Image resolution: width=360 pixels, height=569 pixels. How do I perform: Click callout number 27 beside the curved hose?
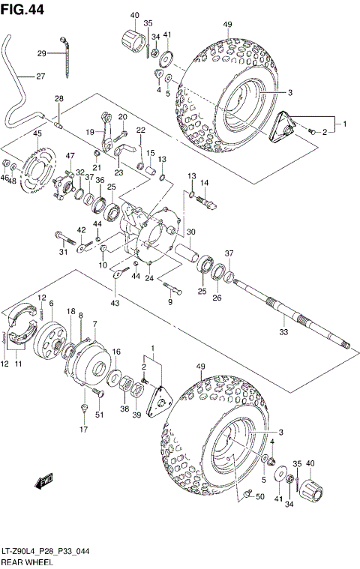click(40, 76)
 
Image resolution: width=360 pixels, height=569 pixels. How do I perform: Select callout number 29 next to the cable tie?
click(42, 52)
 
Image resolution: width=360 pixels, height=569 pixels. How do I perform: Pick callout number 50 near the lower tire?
click(259, 496)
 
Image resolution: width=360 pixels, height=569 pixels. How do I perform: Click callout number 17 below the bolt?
click(84, 430)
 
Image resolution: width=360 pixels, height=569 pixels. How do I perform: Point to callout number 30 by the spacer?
click(190, 232)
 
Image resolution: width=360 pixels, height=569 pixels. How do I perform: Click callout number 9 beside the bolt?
click(169, 302)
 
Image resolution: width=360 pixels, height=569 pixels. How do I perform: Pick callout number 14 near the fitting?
click(204, 183)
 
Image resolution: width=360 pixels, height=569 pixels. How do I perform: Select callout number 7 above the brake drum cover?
click(95, 323)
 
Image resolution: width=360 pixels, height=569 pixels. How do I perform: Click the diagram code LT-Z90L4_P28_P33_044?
click(49, 551)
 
